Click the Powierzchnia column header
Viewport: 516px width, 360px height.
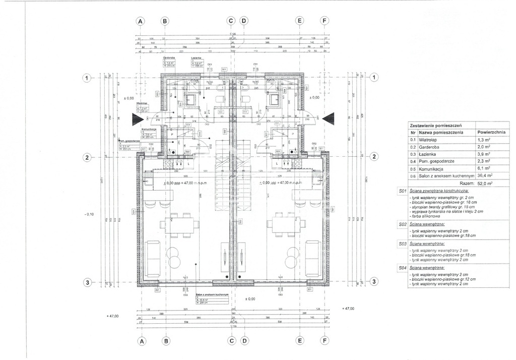tap(491, 132)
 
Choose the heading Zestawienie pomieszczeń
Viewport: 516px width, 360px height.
tap(437, 125)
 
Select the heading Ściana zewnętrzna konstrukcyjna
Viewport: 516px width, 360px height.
tap(439, 192)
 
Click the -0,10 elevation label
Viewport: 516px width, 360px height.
tap(89, 214)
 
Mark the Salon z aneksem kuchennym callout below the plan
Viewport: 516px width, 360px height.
tap(211, 294)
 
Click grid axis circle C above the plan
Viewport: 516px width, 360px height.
tap(231, 21)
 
